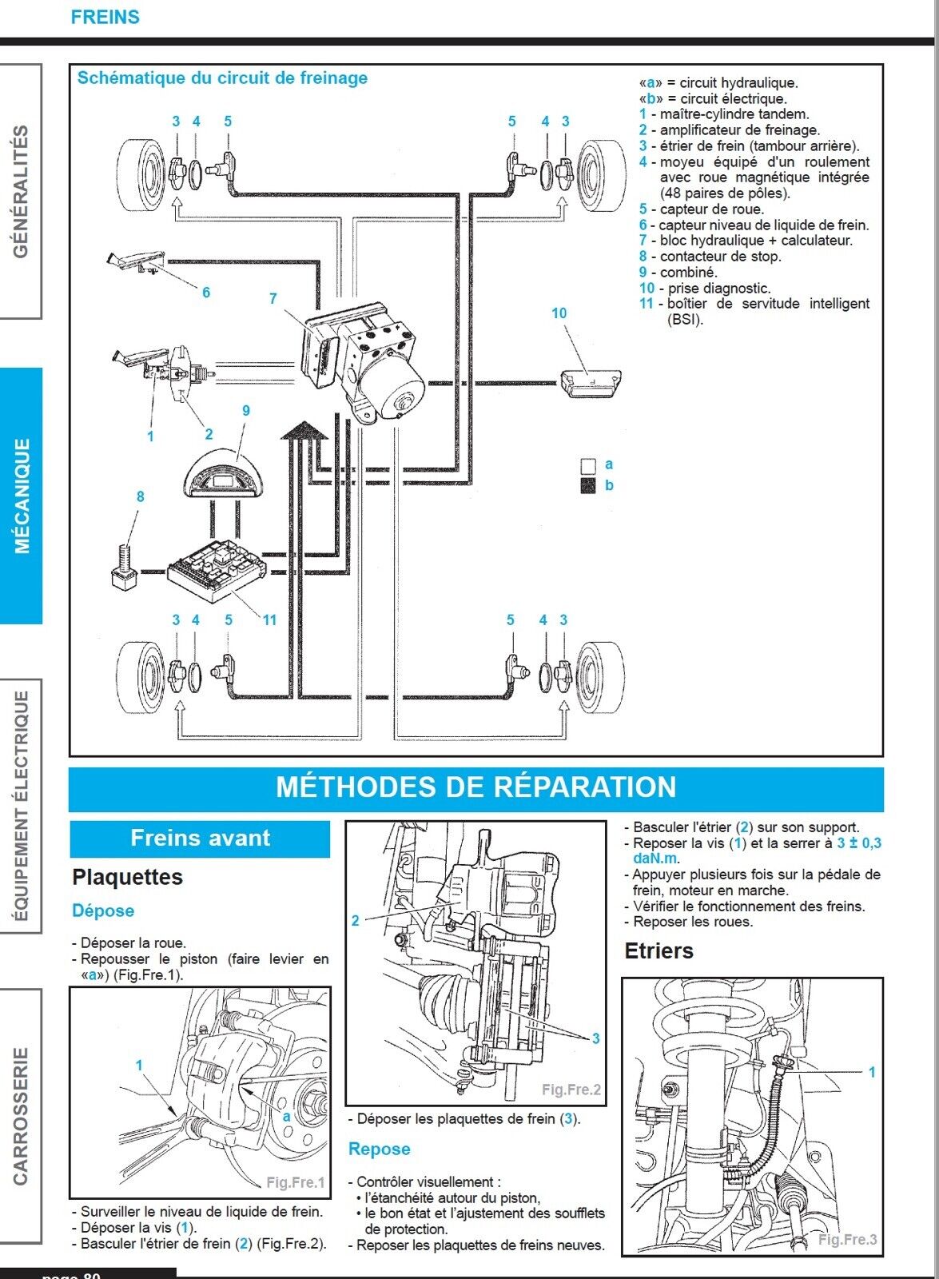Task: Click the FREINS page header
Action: tap(105, 17)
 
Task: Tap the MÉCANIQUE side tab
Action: tap(22, 496)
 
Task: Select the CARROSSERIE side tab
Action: tap(21, 1116)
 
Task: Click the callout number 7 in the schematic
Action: tap(273, 298)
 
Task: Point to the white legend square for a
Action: tap(588, 466)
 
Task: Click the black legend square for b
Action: tap(588, 485)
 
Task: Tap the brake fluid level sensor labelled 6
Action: tap(136, 261)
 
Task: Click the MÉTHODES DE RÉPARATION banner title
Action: tap(475, 787)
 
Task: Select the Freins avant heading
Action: tap(200, 838)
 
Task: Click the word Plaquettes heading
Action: tap(127, 877)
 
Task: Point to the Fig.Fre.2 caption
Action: tap(571, 1089)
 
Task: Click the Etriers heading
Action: tap(658, 950)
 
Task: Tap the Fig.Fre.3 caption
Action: tap(847, 1239)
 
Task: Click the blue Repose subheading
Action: tap(379, 1149)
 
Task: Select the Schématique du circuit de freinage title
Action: tap(222, 78)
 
